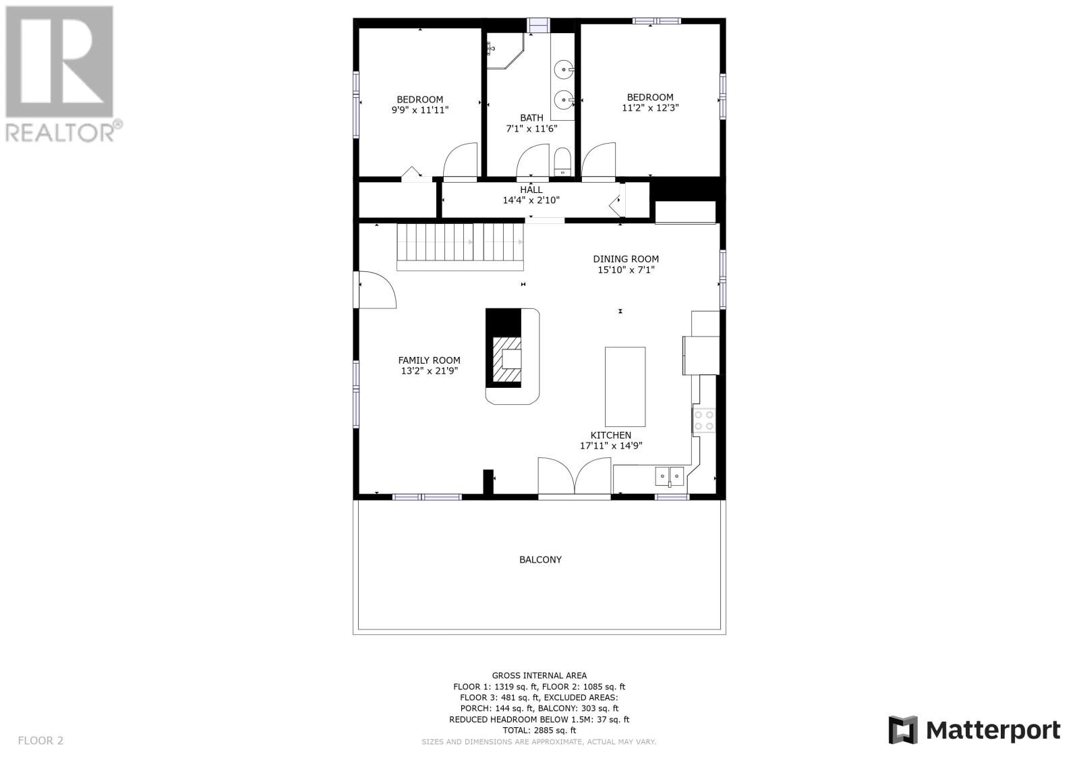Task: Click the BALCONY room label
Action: (540, 559)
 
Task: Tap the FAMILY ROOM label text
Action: (429, 360)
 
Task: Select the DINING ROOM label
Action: (626, 259)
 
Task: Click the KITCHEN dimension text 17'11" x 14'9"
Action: (611, 446)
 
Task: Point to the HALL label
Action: (531, 190)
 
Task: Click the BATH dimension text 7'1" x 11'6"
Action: (531, 129)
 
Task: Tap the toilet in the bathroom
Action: (562, 162)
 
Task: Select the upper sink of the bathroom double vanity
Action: (564, 70)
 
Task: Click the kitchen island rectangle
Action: (625, 387)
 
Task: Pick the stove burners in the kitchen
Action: (704, 420)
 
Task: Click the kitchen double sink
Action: (669, 476)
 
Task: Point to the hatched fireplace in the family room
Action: (506, 360)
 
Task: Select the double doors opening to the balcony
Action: (574, 476)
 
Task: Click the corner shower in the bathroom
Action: (504, 51)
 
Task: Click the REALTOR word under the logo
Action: (60, 132)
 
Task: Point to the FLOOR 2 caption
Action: (40, 740)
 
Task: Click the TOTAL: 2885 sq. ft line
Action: (539, 730)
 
